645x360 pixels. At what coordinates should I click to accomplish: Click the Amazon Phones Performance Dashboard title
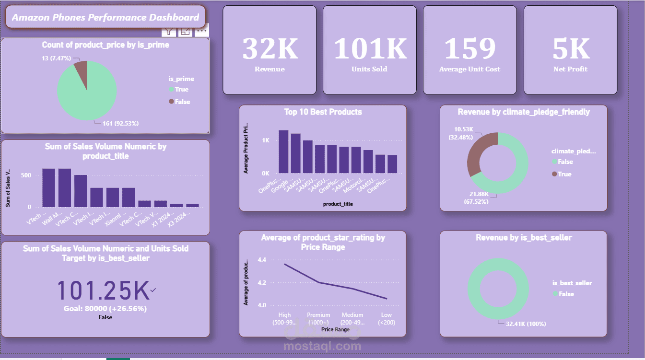point(106,18)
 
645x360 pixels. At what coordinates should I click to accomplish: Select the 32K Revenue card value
point(270,48)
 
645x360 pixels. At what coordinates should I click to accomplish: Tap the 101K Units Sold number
point(370,48)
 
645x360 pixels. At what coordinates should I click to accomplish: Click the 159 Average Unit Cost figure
point(469,48)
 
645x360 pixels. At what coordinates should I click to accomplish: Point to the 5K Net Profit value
point(570,48)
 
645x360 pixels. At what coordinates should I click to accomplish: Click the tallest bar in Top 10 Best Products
point(283,151)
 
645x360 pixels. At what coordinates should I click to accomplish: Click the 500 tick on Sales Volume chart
point(26,175)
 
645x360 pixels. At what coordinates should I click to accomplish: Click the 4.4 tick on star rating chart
point(262,260)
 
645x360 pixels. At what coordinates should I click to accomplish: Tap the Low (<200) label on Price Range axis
point(386,318)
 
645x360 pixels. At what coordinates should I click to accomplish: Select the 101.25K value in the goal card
point(104,290)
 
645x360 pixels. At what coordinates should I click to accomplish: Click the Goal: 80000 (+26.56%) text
point(105,308)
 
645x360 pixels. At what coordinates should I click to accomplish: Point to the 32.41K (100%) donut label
point(526,324)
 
